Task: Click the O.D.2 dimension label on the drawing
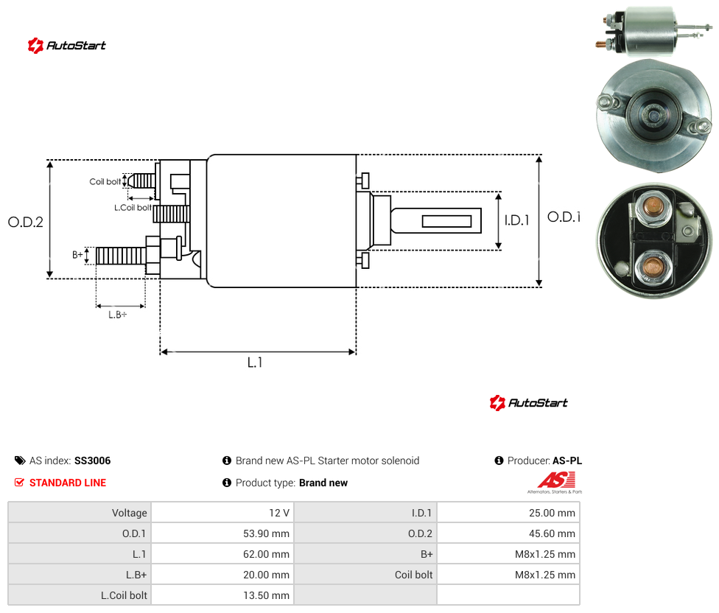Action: [x=26, y=222]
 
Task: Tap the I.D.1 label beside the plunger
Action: [x=517, y=220]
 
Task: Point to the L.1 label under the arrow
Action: [x=255, y=362]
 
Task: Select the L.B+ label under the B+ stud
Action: [x=118, y=315]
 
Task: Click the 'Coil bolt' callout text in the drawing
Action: [x=105, y=181]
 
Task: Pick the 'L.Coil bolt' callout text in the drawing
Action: [x=133, y=208]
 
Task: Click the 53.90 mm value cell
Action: [x=266, y=533]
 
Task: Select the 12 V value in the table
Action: [x=278, y=513]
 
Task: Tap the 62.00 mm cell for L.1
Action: [x=266, y=554]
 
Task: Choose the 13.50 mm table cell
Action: [x=266, y=595]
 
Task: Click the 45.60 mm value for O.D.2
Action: [x=552, y=533]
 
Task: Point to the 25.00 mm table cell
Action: [x=552, y=513]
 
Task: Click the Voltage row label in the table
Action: [x=130, y=513]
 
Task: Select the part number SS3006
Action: [x=93, y=460]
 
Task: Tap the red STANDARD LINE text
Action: [x=68, y=483]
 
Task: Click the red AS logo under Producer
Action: [x=556, y=480]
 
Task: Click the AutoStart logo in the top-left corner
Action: [x=66, y=46]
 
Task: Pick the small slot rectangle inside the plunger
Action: [x=446, y=222]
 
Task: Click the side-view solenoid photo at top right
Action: [x=653, y=31]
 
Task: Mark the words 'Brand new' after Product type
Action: [x=323, y=483]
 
